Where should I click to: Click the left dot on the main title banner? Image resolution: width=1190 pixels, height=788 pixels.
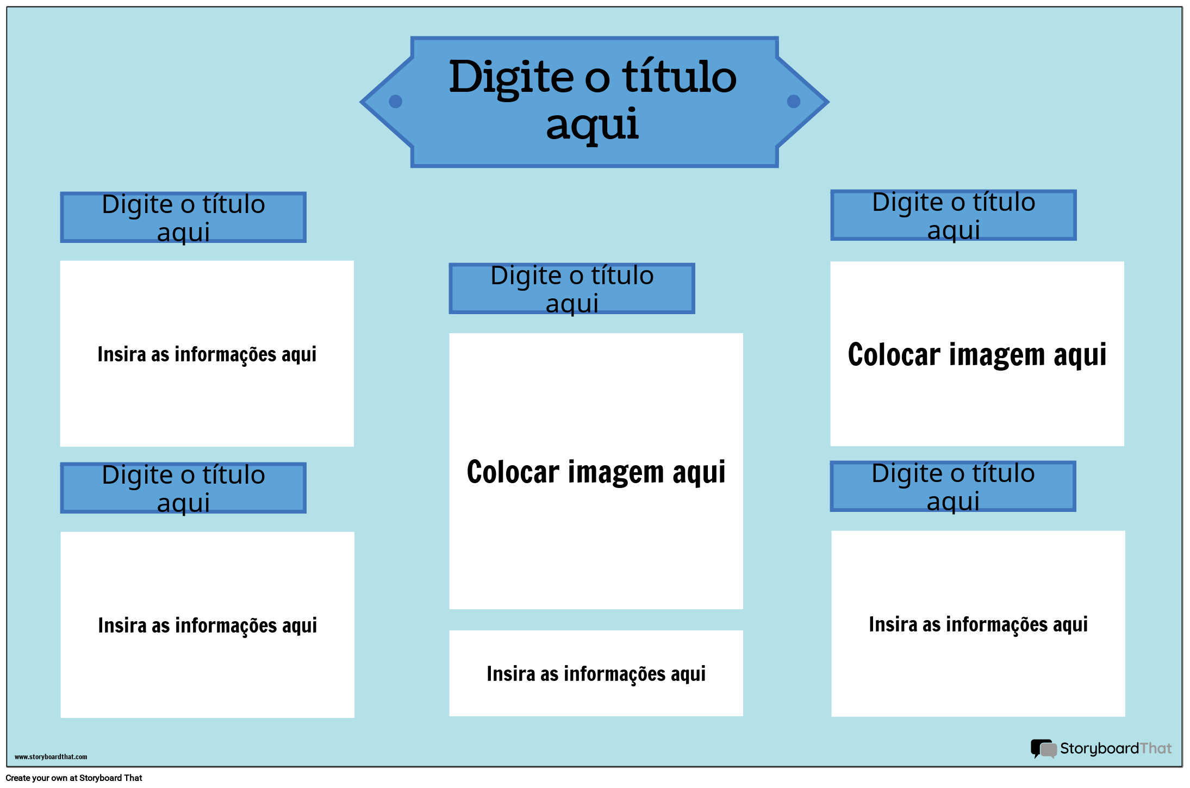pos(396,102)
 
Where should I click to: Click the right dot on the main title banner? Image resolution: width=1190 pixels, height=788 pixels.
pos(794,102)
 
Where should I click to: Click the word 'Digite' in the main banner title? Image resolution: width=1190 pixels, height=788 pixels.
pos(511,77)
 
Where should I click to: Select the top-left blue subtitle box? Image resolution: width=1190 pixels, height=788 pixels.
pos(183,217)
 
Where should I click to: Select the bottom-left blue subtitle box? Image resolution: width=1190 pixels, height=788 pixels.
pos(183,488)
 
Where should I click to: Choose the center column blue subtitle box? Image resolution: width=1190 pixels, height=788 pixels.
pos(572,289)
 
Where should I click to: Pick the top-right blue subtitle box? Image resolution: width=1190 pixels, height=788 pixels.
pos(954,215)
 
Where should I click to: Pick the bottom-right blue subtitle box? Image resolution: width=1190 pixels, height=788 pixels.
pos(953,486)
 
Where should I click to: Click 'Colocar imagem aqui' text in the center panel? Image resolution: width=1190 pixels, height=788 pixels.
pos(596,472)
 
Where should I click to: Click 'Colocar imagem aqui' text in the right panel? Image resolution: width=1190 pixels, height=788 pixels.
pos(977,355)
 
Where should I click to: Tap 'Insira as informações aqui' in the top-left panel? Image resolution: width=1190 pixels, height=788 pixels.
pos(207,354)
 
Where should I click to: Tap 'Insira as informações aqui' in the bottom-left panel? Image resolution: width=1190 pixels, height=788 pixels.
pos(207,626)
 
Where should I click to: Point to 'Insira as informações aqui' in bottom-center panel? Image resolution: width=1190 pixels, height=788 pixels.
pos(596,674)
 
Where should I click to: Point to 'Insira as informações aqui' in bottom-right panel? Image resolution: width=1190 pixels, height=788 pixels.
pos(978,624)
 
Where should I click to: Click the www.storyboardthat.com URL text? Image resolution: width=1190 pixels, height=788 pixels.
pos(51,756)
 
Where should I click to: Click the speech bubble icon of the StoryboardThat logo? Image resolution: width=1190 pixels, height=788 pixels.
pos(1043,749)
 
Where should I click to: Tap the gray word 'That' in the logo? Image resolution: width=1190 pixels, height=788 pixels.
pos(1156,749)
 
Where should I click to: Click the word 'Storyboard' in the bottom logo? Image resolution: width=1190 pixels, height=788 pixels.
pos(1099,749)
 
